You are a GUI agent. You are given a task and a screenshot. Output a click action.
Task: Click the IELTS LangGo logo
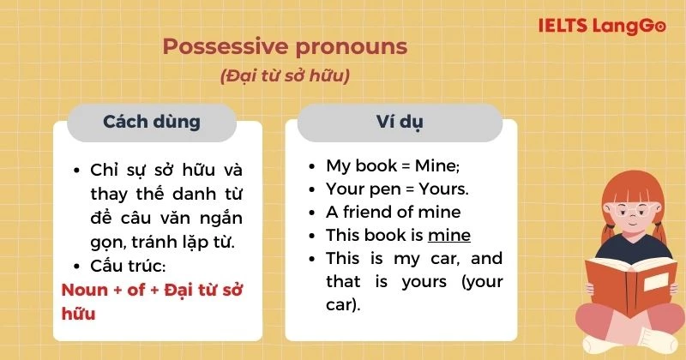tap(601, 27)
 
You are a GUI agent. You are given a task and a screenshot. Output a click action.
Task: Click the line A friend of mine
tap(393, 212)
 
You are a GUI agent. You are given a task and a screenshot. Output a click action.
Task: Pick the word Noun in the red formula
tap(85, 290)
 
